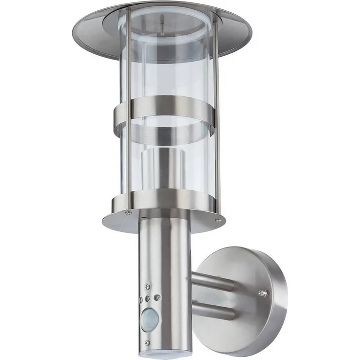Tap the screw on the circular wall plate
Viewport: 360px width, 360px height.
tap(264, 293)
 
